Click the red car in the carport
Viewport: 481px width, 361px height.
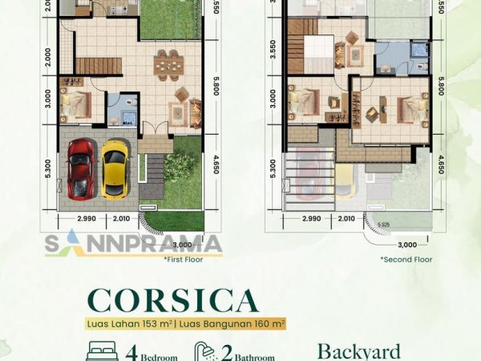pyautogui.click(x=80, y=169)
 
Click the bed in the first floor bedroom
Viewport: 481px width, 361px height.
pyautogui.click(x=74, y=103)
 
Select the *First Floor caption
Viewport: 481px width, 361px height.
pyautogui.click(x=183, y=260)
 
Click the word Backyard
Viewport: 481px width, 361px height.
pyautogui.click(x=357, y=351)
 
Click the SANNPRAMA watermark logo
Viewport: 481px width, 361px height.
pyautogui.click(x=133, y=244)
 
